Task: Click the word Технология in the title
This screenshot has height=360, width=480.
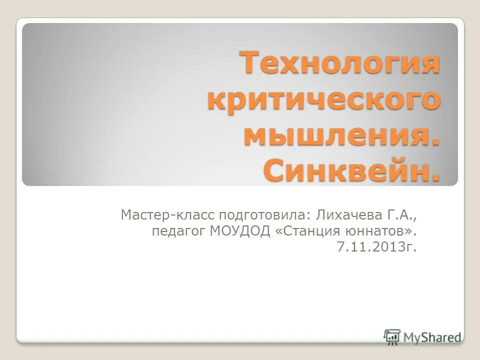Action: point(340,64)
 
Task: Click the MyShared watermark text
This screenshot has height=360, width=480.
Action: point(432,337)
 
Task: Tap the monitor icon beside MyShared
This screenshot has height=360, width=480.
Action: point(392,336)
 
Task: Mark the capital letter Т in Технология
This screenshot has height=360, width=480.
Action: point(251,64)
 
